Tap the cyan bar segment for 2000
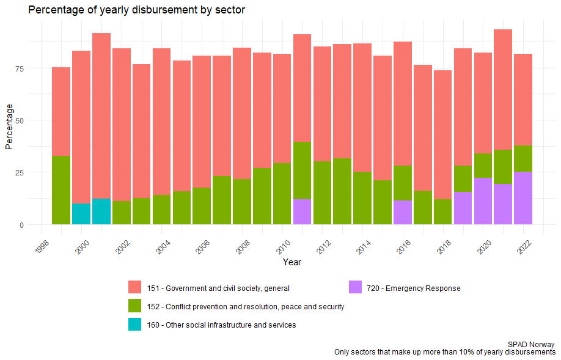click(81, 214)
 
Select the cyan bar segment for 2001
click(101, 211)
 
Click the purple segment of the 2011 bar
click(302, 211)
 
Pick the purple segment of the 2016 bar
click(402, 212)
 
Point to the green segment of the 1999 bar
click(61, 190)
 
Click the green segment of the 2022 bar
click(522, 158)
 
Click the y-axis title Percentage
click(9, 126)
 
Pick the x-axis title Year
click(291, 262)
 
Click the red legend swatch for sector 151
click(135, 288)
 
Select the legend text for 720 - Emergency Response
click(414, 288)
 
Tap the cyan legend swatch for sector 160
click(135, 325)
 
